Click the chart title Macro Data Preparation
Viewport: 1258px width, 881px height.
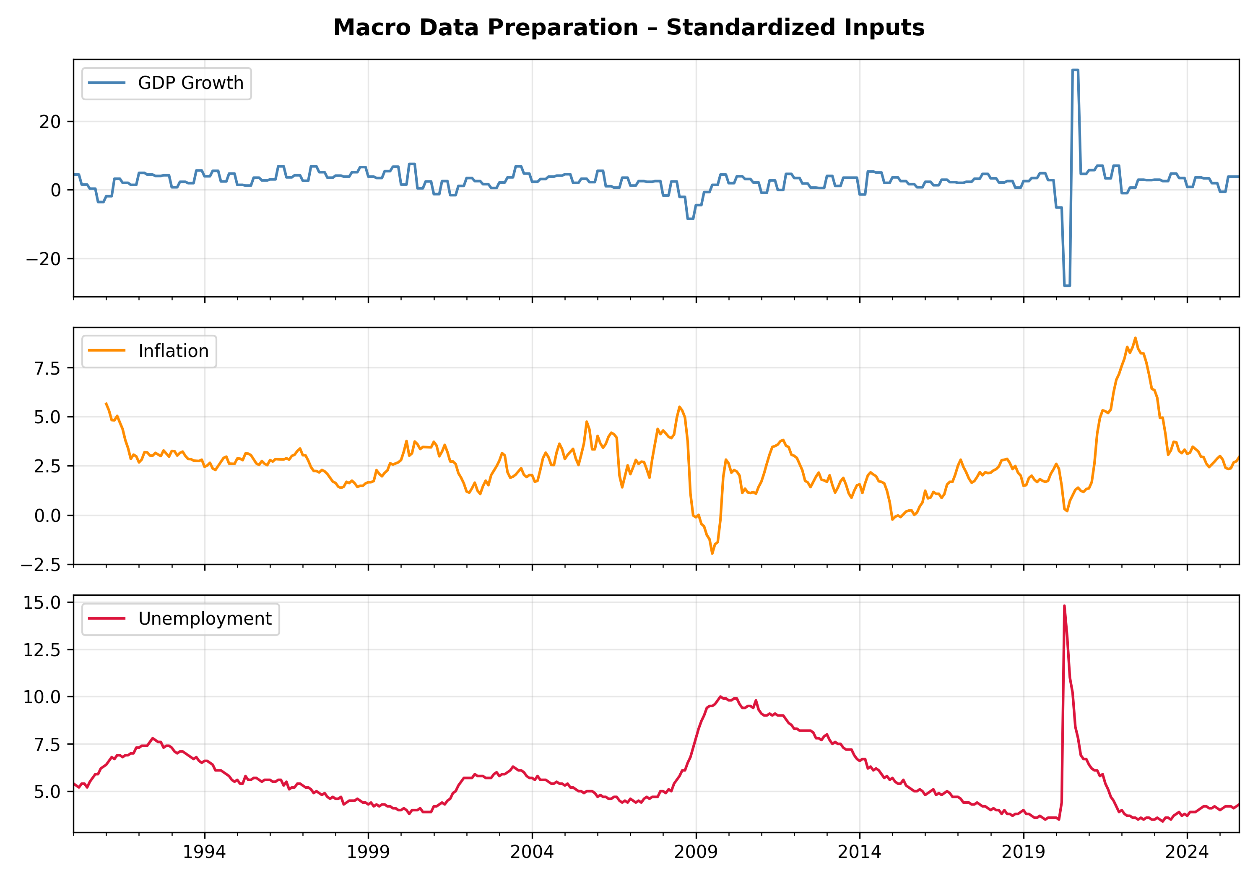[629, 27]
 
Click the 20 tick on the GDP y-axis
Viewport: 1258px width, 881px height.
[50, 122]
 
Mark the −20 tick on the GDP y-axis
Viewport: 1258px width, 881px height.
[44, 259]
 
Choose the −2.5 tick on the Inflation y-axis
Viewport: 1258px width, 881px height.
[41, 564]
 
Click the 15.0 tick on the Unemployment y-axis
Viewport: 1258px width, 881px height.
[42, 602]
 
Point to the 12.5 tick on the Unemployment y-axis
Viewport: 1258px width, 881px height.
[42, 650]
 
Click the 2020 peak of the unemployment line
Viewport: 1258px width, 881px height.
[1064, 606]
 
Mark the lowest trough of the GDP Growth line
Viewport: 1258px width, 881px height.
[1066, 286]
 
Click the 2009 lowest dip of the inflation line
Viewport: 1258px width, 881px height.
[712, 554]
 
